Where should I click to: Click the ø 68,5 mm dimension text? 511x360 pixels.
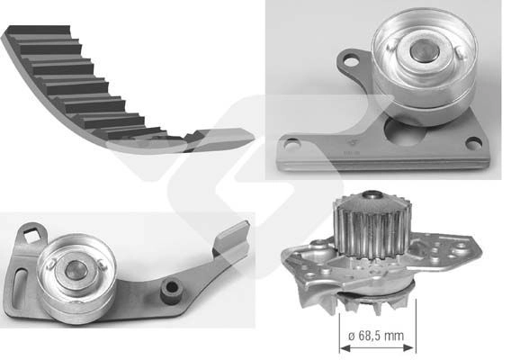click(x=376, y=336)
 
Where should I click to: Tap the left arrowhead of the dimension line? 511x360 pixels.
click(x=345, y=348)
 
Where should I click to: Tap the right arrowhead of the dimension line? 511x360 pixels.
click(x=410, y=348)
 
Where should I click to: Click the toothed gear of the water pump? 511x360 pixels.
click(x=372, y=225)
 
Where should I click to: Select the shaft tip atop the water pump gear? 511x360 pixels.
click(x=372, y=195)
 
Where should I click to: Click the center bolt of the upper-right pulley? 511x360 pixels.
click(x=421, y=52)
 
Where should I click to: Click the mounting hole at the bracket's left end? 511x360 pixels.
click(x=291, y=144)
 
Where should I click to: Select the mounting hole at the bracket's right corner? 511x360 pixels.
click(x=473, y=143)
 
